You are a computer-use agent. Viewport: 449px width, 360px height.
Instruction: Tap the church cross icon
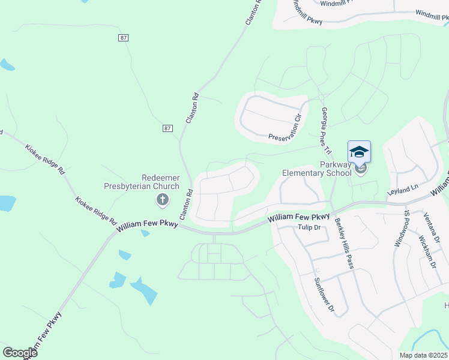click(x=162, y=199)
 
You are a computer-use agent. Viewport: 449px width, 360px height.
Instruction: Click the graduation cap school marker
click(x=359, y=152)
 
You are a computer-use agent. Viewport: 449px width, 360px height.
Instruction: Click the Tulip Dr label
click(x=310, y=227)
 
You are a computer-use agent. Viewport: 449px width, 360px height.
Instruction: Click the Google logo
click(x=20, y=353)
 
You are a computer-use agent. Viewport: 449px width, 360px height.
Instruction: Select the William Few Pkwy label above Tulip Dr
click(x=299, y=219)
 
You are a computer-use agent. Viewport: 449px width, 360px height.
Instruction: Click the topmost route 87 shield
click(x=122, y=38)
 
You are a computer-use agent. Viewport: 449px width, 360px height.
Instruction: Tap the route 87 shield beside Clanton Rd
click(x=167, y=128)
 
